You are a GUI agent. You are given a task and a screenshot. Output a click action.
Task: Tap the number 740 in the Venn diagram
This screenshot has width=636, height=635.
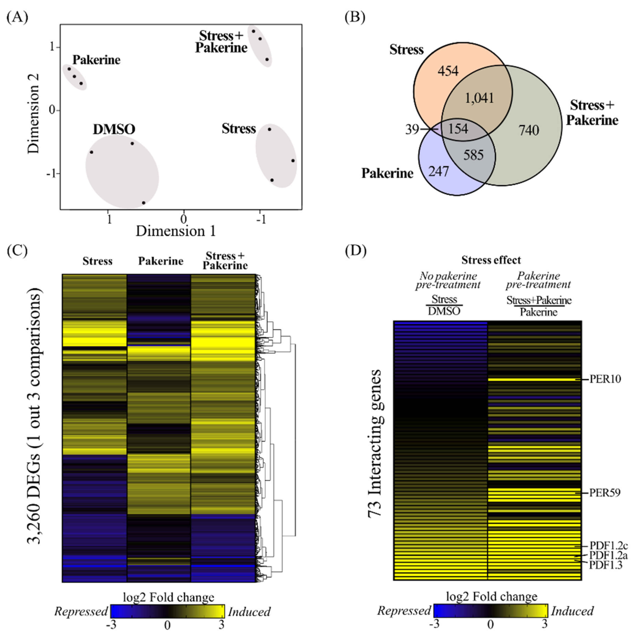[529, 130]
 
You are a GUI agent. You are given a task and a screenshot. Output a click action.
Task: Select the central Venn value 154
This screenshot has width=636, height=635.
[458, 128]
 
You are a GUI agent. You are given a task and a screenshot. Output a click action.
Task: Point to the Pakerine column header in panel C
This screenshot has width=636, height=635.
[161, 261]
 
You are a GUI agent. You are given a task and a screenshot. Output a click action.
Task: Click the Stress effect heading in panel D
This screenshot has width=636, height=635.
[491, 260]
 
